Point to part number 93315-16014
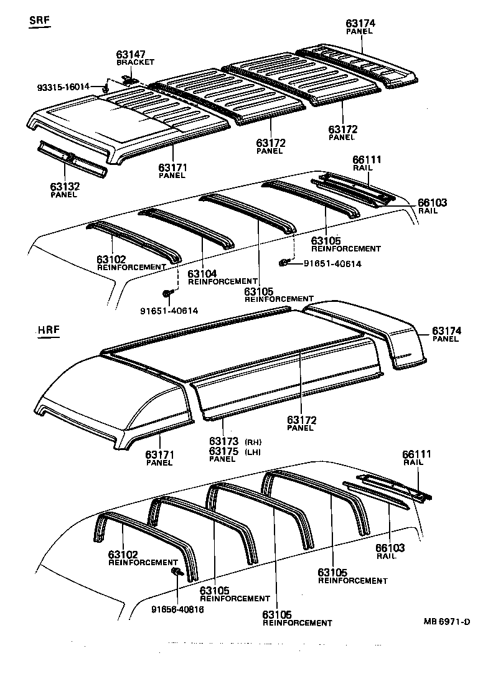[x=63, y=87]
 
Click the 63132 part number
[x=63, y=186]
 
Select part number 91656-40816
[x=177, y=609]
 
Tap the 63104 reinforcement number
[x=203, y=274]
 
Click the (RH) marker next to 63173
[x=253, y=441]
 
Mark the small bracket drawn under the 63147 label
[x=129, y=79]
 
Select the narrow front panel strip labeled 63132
[x=72, y=159]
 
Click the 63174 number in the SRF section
[x=360, y=24]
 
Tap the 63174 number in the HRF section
[x=446, y=331]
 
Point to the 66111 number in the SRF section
[x=367, y=160]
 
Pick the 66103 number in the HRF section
[x=390, y=548]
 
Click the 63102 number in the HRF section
[x=123, y=554]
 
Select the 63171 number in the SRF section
[x=172, y=167]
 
